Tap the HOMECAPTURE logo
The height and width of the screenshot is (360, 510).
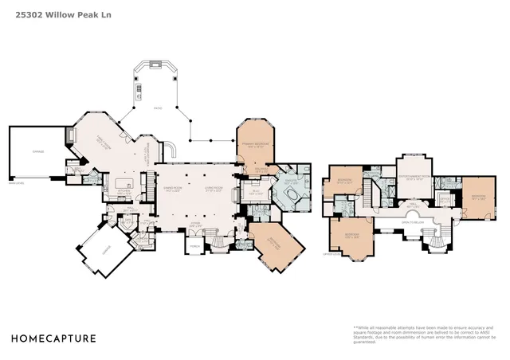[x=53, y=338]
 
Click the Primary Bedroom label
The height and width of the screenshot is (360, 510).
[x=255, y=146]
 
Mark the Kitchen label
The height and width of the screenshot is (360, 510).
[x=124, y=191]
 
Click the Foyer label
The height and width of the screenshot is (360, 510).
[x=194, y=225]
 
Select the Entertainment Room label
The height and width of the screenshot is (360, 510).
[x=414, y=178]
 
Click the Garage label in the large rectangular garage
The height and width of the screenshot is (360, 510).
[x=37, y=151]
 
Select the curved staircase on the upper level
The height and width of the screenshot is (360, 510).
[x=435, y=238]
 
